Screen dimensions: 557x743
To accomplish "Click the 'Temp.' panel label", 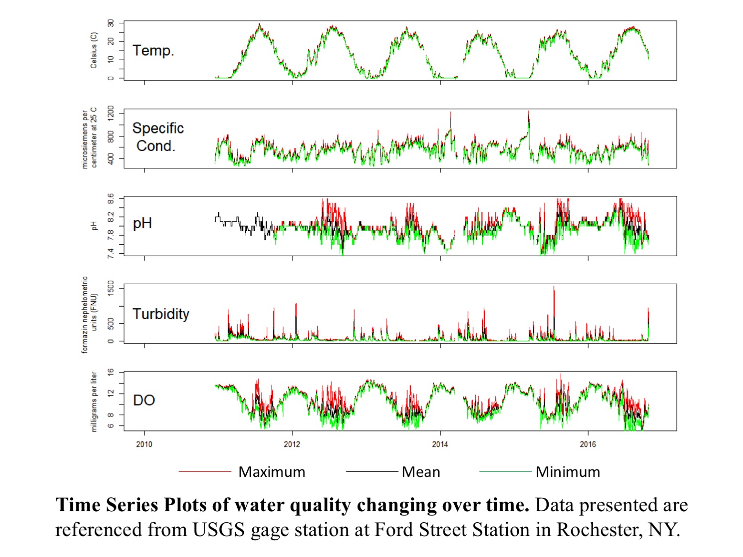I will click(x=153, y=51).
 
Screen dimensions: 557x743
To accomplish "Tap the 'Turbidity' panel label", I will click(x=161, y=314).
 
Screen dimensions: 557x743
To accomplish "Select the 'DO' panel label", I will click(x=144, y=400).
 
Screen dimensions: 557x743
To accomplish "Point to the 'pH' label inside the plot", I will click(x=142, y=223).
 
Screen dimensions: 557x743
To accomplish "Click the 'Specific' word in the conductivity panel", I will click(x=158, y=128).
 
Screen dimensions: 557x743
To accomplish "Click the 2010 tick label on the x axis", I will click(x=144, y=444).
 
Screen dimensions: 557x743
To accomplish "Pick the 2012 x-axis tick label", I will click(x=292, y=444).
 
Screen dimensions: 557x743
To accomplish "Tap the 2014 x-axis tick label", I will click(x=440, y=444).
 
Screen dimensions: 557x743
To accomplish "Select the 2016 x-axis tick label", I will click(x=588, y=444).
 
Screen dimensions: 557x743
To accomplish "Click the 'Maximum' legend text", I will click(x=272, y=472).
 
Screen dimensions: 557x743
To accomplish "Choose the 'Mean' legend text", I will click(x=421, y=472).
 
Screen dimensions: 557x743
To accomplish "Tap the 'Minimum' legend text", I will click(x=568, y=472).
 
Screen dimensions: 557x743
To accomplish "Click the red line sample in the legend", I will click(x=205, y=472).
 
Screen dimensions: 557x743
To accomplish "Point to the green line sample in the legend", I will click(x=505, y=472).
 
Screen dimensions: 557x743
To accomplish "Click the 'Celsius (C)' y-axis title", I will click(x=94, y=51).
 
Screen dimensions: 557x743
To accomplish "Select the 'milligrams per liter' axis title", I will click(x=94, y=402).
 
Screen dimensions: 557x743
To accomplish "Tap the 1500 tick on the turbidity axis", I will click(x=111, y=289).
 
